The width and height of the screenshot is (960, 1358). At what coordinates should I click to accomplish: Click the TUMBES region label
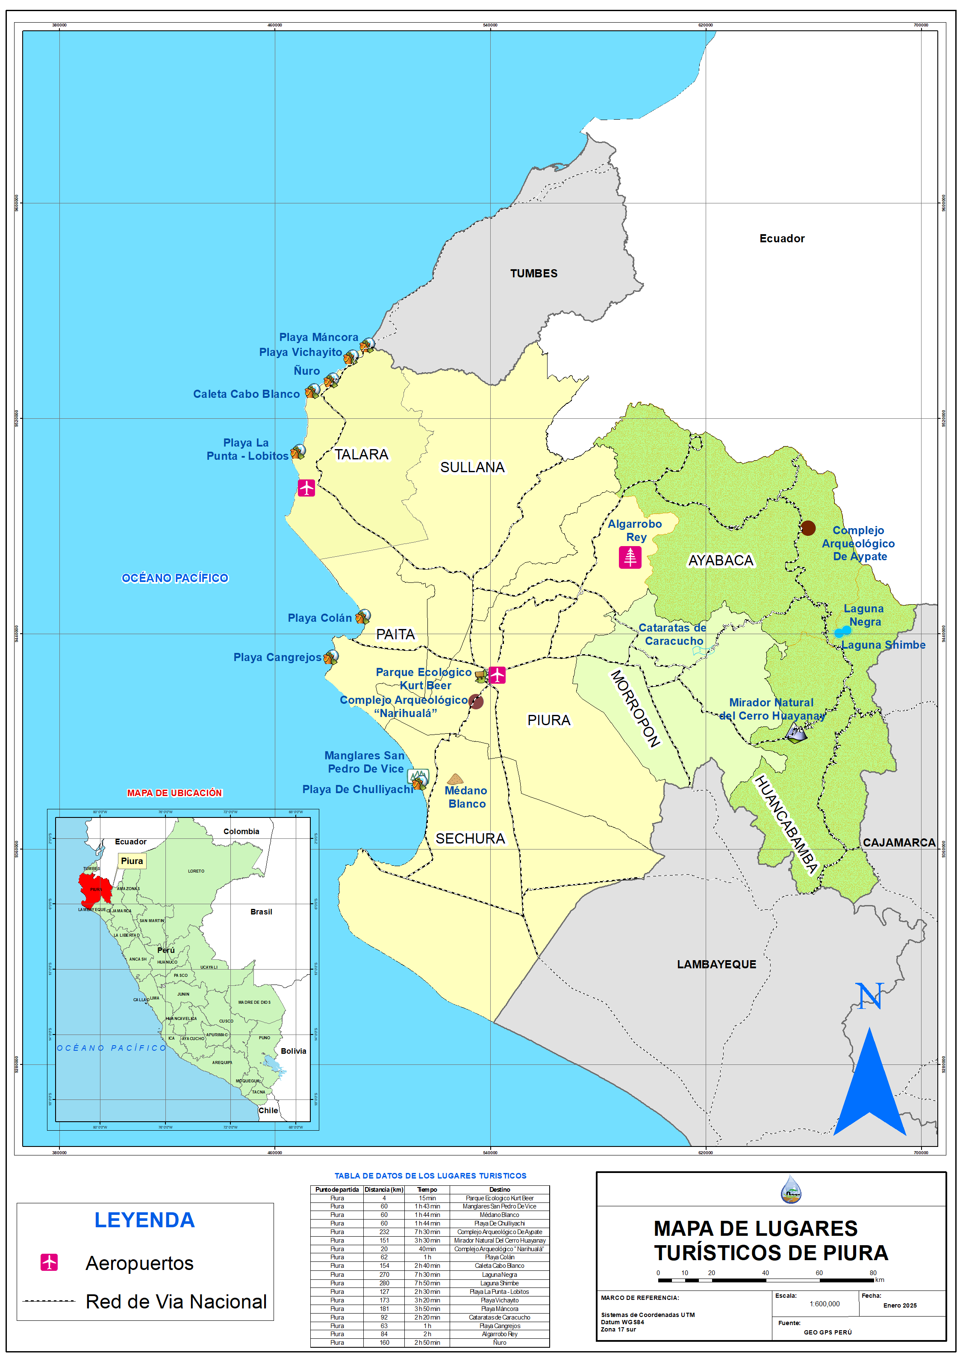click(x=533, y=273)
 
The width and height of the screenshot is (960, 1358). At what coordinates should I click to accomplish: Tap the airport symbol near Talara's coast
click(x=306, y=488)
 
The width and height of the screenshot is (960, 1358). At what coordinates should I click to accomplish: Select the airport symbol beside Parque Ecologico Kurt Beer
click(x=497, y=674)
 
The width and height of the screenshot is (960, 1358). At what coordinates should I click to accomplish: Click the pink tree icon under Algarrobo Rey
click(x=630, y=557)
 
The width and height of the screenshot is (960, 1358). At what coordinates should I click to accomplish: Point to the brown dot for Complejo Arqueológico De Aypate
click(x=808, y=528)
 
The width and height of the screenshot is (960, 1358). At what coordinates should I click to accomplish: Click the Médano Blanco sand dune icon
click(x=455, y=779)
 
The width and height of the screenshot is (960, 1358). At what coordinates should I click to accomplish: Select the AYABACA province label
click(x=721, y=560)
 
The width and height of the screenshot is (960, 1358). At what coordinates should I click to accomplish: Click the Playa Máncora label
click(x=318, y=337)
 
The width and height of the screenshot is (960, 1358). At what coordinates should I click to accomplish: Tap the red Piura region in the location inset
click(x=94, y=889)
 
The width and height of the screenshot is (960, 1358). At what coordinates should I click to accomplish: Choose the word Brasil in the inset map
click(x=261, y=911)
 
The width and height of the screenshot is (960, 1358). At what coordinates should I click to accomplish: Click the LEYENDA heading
click(x=144, y=1220)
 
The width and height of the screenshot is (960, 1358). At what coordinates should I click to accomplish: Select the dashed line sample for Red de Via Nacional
click(x=49, y=1301)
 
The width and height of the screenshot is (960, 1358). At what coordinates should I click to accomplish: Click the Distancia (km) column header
click(x=384, y=1190)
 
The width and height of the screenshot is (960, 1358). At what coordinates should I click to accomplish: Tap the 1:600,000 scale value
click(x=825, y=1304)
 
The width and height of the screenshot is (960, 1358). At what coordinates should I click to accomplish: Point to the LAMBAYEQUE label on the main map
click(x=716, y=964)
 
